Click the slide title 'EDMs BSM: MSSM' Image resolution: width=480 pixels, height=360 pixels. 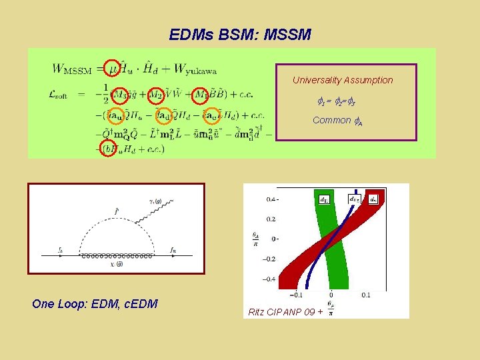pyautogui.click(x=240, y=34)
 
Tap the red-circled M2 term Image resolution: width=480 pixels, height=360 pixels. pyautogui.click(x=155, y=95)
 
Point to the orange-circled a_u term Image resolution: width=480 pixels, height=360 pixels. pyautogui.click(x=117, y=116)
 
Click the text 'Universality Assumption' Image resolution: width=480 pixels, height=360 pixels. pyautogui.click(x=343, y=80)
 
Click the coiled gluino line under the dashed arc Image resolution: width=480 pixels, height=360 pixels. pyautogui.click(x=117, y=255)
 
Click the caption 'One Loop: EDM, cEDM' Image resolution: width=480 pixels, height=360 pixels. pyautogui.click(x=95, y=304)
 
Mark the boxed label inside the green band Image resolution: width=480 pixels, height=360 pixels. pyautogui.click(x=323, y=198)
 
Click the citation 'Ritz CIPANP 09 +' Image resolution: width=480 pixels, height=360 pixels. pyautogui.click(x=285, y=311)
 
